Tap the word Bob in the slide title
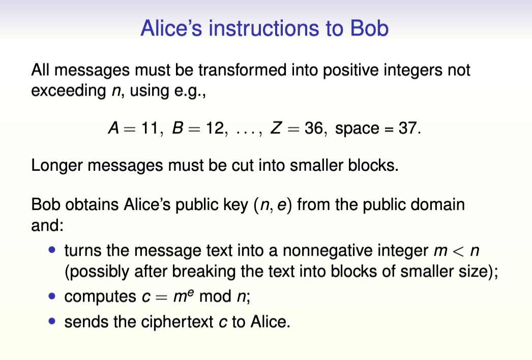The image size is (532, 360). tap(369, 28)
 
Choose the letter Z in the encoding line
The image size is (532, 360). tap(276, 128)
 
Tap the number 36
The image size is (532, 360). tap(314, 128)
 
